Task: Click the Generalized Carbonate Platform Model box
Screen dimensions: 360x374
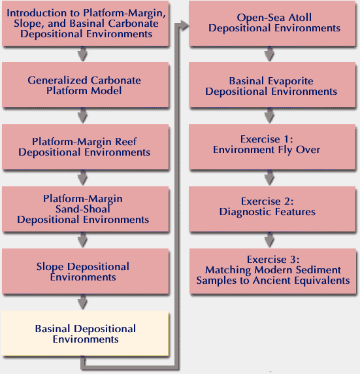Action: point(86,85)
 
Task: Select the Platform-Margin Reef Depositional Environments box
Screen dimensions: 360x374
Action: point(86,147)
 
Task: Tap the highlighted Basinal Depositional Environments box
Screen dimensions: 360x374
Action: point(85,333)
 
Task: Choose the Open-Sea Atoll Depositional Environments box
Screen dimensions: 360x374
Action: point(272,23)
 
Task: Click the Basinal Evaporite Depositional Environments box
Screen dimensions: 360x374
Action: point(272,85)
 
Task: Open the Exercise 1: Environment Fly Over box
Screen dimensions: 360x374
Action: point(272,147)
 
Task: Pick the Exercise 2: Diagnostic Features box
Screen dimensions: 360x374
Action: point(272,209)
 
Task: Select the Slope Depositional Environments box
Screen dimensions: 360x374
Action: point(86,271)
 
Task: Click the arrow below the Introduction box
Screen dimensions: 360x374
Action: point(83,54)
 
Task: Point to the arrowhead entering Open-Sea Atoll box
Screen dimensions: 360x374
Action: point(184,25)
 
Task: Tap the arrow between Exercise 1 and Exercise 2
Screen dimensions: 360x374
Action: point(269,178)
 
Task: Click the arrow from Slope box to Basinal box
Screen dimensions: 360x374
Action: point(83,303)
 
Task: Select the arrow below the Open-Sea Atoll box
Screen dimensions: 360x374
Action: point(269,54)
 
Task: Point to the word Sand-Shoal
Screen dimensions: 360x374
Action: point(83,209)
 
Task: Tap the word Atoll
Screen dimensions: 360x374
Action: point(300,18)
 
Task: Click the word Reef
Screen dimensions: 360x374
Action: point(126,142)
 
